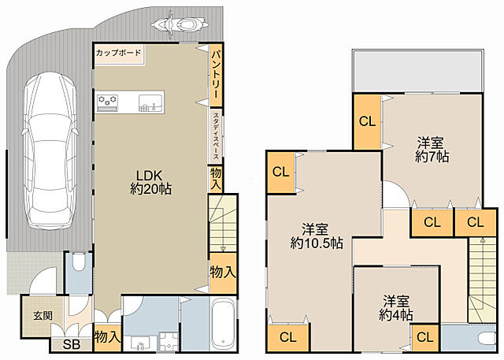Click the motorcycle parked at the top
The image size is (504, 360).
tap(180, 24)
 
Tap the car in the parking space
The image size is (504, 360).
tap(50, 151)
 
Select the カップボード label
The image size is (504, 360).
tap(119, 53)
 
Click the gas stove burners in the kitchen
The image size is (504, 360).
tap(108, 99)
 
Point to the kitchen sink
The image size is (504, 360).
tap(150, 103)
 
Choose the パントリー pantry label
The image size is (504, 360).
tap(216, 74)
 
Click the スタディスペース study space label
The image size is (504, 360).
tap(216, 136)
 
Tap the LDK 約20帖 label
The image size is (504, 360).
tap(150, 182)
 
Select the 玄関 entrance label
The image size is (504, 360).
tap(43, 316)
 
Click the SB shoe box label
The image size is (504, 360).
tap(72, 344)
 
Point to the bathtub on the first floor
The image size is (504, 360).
tap(223, 323)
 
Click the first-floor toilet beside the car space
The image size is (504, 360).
tap(78, 262)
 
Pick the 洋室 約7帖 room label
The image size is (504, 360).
tap(432, 149)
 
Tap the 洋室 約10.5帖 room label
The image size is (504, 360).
tap(317, 236)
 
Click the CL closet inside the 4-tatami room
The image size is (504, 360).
tap(425, 337)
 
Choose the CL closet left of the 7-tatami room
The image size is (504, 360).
tap(367, 121)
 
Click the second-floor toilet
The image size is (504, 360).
tap(487, 339)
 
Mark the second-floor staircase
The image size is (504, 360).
tap(481, 280)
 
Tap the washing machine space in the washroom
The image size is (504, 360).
tap(169, 342)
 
